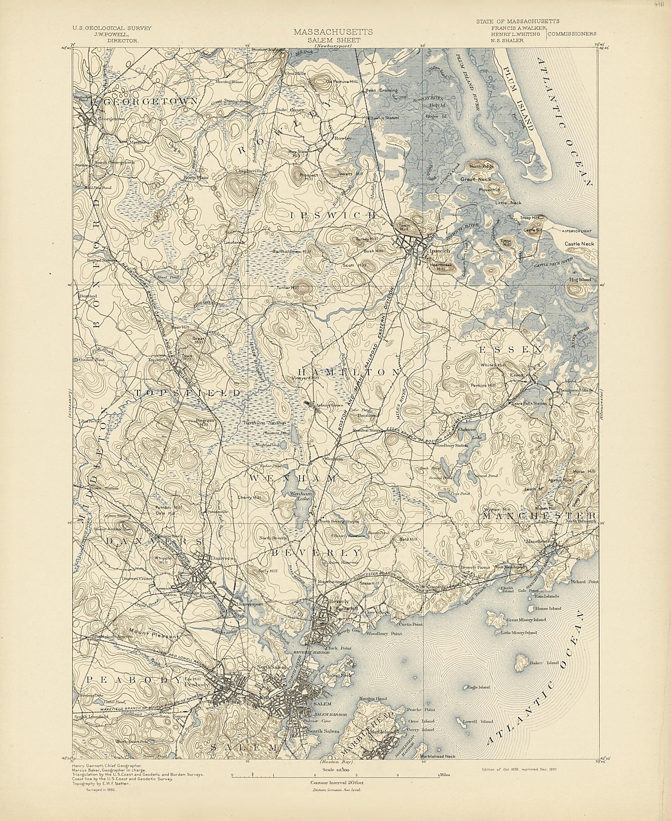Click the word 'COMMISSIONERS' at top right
point(572,34)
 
